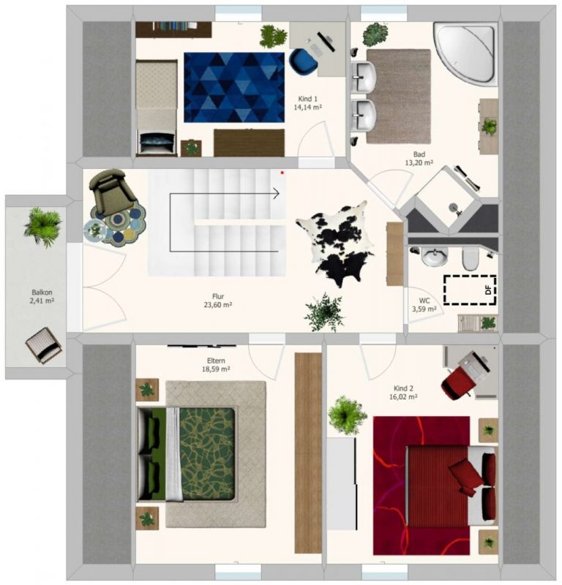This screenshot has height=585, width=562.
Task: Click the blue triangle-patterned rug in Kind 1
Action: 234,87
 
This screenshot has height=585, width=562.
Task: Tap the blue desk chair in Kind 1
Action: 304,63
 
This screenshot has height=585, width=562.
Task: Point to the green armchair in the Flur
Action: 111,190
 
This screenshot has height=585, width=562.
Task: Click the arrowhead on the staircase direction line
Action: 276,194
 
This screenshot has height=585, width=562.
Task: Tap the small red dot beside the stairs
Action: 282,173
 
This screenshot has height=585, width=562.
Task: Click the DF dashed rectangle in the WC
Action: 470,290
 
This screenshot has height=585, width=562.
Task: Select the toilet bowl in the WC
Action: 470,260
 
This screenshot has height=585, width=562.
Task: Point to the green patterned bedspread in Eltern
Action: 207,453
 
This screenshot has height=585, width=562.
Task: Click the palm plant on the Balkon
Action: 42,227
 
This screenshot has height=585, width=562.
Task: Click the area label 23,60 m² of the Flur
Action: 218,305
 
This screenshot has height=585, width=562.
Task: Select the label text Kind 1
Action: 307,99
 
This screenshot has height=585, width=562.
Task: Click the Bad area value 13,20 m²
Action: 419,162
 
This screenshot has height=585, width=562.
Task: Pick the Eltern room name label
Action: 216,361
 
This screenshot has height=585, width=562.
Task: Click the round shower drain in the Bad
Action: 454,206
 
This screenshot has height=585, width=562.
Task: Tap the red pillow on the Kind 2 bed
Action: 465,474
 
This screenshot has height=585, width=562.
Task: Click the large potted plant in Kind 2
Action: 347,415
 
